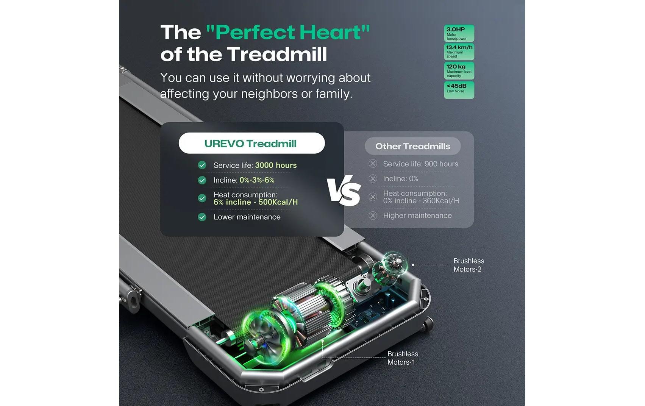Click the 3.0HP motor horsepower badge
(459, 33)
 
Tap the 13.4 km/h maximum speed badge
(459, 52)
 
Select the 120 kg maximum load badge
(459, 71)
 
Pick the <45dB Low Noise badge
(459, 90)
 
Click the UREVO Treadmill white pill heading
(251, 144)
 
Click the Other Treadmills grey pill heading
(412, 146)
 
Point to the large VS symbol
(344, 191)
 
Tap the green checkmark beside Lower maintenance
(202, 217)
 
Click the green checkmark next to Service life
(202, 165)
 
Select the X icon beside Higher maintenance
(373, 215)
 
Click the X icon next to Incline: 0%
(373, 179)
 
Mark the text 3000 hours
(276, 165)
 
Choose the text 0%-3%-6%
(257, 180)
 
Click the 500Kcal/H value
(278, 202)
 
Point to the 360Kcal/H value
(440, 201)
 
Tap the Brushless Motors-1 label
(402, 358)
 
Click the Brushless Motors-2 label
(469, 265)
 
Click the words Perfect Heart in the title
(287, 32)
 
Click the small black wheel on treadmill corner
(428, 323)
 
